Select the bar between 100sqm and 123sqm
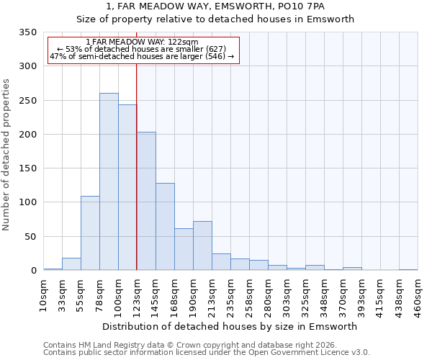pyautogui.click(x=127, y=187)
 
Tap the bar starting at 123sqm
pyautogui.click(x=146, y=201)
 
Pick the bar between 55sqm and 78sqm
pyautogui.click(x=90, y=233)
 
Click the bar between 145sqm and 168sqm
pyautogui.click(x=165, y=226)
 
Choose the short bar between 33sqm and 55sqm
pyautogui.click(x=71, y=264)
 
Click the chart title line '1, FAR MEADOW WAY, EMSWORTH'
pyautogui.click(x=215, y=6)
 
